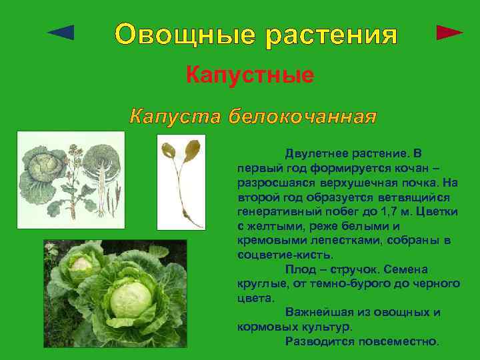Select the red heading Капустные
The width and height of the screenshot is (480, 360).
(x=250, y=75)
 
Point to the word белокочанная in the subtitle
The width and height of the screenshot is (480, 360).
(x=302, y=117)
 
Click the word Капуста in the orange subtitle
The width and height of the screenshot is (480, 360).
(x=174, y=117)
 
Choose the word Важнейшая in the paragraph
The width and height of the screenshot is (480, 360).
(x=318, y=311)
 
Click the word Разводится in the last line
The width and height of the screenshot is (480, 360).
(x=319, y=341)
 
